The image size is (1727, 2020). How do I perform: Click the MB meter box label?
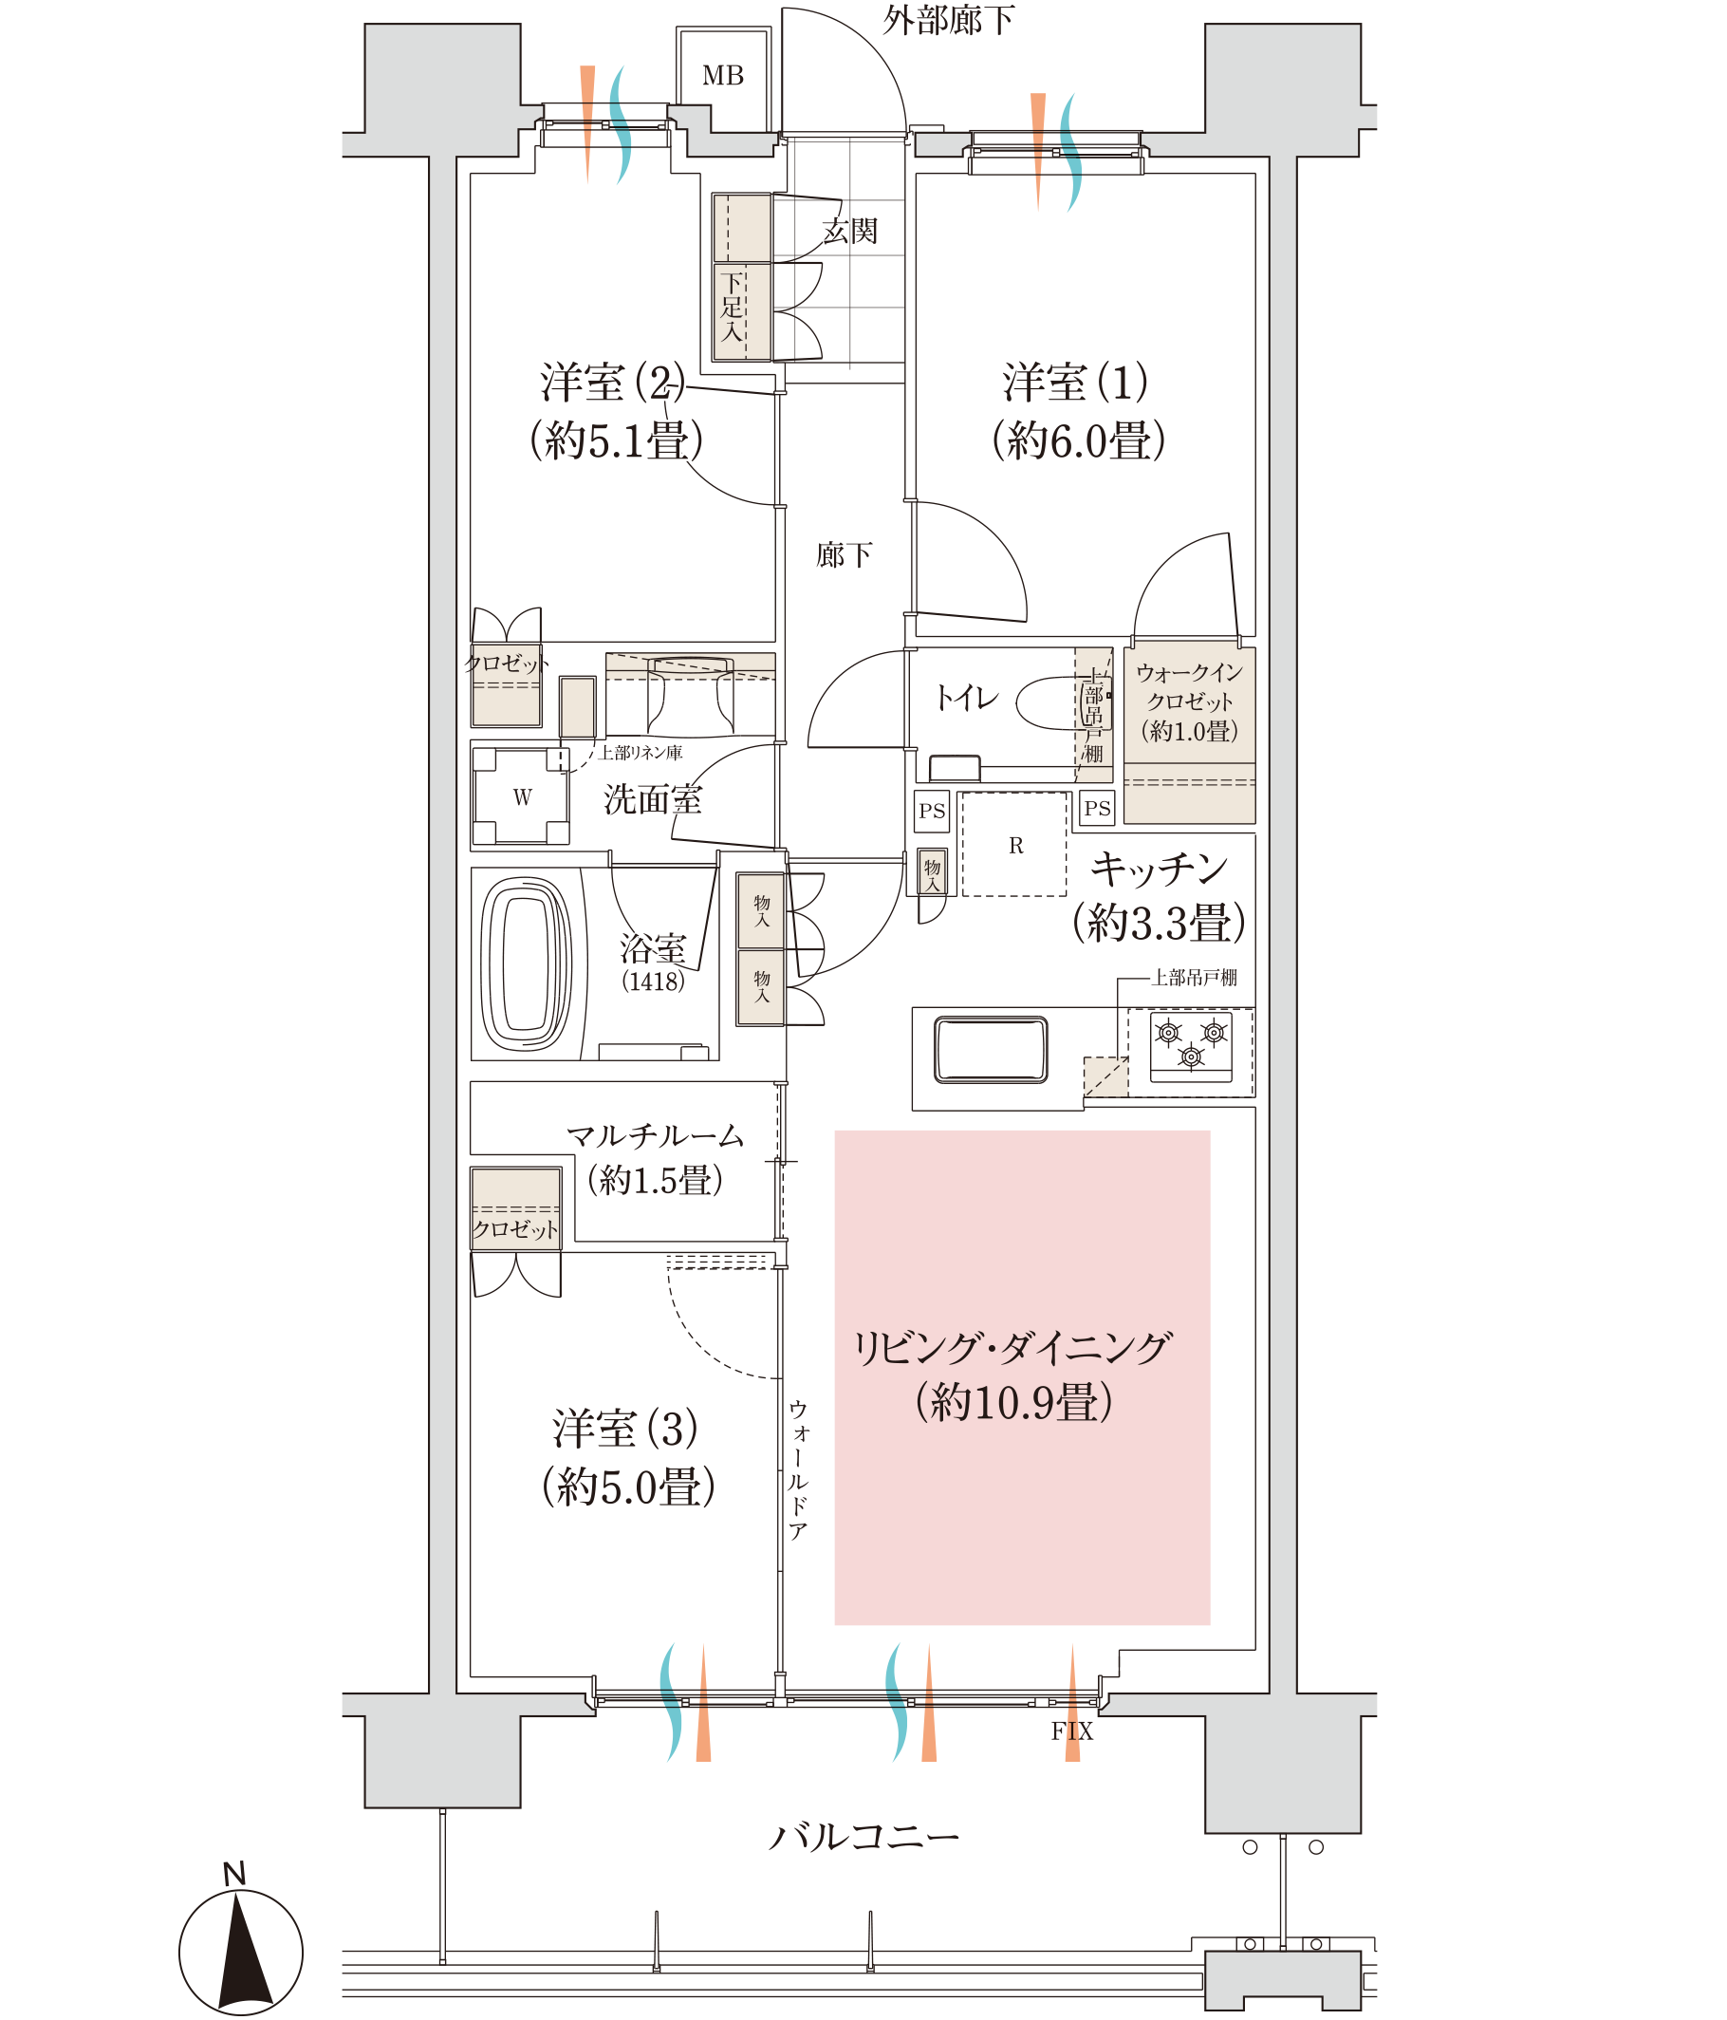pyautogui.click(x=722, y=76)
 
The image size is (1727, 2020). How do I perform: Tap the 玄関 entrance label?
pyautogui.click(x=850, y=231)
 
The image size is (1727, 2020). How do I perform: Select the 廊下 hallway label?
pyautogui.click(x=844, y=554)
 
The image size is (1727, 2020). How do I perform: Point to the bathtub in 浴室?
pyautogui.click(x=527, y=963)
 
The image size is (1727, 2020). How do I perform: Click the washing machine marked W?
pyautogui.click(x=521, y=796)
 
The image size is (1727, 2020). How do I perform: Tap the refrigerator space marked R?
pyautogui.click(x=1014, y=844)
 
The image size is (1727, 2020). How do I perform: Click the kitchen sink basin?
pyautogui.click(x=991, y=1050)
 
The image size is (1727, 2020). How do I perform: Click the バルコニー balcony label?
pyautogui.click(x=863, y=1835)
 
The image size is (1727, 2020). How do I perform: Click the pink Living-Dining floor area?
pyautogui.click(x=1022, y=1377)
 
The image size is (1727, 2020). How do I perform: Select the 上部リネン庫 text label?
pyautogui.click(x=641, y=753)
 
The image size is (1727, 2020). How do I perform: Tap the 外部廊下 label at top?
pyautogui.click(x=948, y=20)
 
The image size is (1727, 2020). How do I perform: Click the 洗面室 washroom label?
pyautogui.click(x=653, y=799)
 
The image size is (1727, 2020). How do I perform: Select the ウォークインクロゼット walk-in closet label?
pyautogui.click(x=1189, y=701)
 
